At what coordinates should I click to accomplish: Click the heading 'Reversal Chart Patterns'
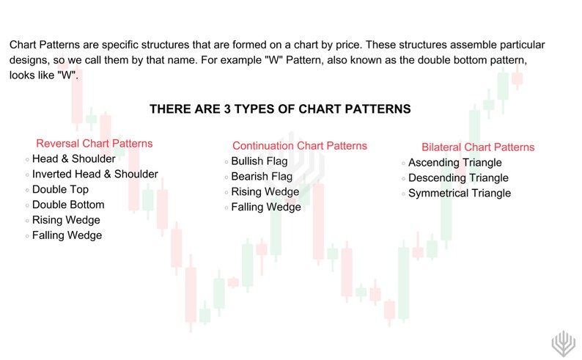pyautogui.click(x=94, y=144)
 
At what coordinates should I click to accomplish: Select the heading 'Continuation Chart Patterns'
pyautogui.click(x=299, y=146)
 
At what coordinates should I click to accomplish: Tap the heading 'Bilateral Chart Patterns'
pyautogui.click(x=478, y=147)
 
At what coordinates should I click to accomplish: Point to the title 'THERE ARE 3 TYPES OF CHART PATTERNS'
pyautogui.click(x=280, y=109)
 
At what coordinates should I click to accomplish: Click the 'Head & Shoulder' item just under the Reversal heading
pyautogui.click(x=74, y=158)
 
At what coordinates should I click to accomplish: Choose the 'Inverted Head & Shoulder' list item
pyautogui.click(x=95, y=175)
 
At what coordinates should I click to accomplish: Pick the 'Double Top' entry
pyautogui.click(x=60, y=190)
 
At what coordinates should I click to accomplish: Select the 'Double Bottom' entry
pyautogui.click(x=68, y=205)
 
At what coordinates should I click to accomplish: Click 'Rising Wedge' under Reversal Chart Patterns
pyautogui.click(x=66, y=220)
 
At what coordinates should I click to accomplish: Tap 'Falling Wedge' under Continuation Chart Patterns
pyautogui.click(x=265, y=207)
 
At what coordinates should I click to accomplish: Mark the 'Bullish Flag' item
pyautogui.click(x=259, y=161)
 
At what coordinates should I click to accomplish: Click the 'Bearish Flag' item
pyautogui.click(x=261, y=177)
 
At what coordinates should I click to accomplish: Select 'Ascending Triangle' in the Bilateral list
pyautogui.click(x=454, y=163)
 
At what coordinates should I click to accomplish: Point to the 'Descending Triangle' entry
pyautogui.click(x=457, y=178)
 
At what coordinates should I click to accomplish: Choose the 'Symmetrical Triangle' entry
pyautogui.click(x=459, y=194)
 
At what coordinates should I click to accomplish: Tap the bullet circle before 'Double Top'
pyautogui.click(x=27, y=191)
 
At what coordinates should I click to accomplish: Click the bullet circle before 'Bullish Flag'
pyautogui.click(x=226, y=162)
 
